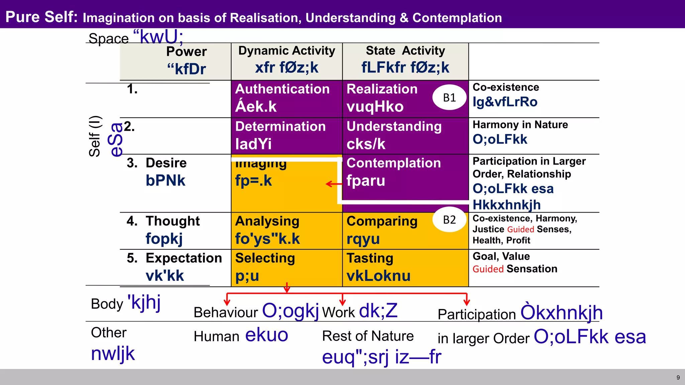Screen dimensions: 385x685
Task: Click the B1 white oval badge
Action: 449,98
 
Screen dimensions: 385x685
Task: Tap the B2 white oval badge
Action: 449,220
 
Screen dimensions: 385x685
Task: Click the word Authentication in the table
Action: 282,89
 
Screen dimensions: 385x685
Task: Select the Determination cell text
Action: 280,127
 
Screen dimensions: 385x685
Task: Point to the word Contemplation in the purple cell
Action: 394,163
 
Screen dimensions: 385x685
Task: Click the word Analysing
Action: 267,221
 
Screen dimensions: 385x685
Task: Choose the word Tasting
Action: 370,258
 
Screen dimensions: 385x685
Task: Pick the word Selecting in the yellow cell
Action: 265,258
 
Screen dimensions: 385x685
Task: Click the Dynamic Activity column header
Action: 287,51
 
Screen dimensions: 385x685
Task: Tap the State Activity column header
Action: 405,51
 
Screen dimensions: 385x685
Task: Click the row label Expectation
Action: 184,258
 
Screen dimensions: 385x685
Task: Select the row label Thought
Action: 173,221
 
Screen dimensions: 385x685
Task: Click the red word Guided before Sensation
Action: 488,269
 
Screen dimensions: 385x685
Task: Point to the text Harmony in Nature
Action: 520,125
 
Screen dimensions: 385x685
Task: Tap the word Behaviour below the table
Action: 226,313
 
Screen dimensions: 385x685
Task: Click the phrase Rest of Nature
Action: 368,336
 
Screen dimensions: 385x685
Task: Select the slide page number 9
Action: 678,378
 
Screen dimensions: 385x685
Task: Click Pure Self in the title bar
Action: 41,17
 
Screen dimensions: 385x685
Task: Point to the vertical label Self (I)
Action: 94,136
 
